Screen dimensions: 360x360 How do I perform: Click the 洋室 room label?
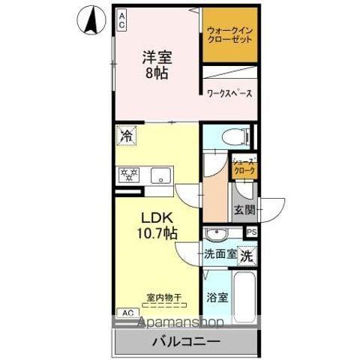pos(156,57)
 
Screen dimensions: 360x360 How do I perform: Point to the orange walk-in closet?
pos(229,35)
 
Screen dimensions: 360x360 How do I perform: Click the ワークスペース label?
pos(229,94)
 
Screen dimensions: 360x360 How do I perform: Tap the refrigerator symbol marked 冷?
pos(126,136)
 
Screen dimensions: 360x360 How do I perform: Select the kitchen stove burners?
pos(129,175)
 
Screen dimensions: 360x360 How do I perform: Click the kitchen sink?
pos(159,175)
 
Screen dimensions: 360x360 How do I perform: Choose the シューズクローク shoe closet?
pos(243,166)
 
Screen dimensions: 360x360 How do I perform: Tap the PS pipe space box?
pos(251,232)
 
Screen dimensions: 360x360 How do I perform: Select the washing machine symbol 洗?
pos(247,255)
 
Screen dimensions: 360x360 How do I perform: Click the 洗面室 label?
pos(220,253)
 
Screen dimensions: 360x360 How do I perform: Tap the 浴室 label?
pos(218,297)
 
